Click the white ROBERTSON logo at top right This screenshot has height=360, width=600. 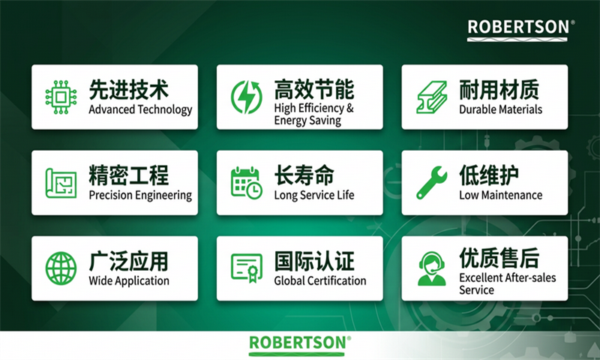point(520,30)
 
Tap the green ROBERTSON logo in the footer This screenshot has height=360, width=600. point(299,345)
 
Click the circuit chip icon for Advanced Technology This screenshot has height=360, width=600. point(61,97)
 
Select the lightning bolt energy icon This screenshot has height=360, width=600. point(247,97)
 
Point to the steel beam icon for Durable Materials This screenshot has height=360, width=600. point(432,97)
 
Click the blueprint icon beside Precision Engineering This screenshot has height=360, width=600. point(61,183)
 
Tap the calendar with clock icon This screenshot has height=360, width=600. point(247,183)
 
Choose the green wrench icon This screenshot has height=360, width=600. point(432,183)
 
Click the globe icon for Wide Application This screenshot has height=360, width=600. point(61,268)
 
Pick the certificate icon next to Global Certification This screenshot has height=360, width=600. point(247,268)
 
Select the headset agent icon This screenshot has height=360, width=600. point(432,268)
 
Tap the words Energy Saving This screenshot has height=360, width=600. point(307,121)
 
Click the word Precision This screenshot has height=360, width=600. point(110,195)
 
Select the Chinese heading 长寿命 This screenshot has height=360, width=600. point(304,175)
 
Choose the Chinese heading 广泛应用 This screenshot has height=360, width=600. point(128,261)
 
